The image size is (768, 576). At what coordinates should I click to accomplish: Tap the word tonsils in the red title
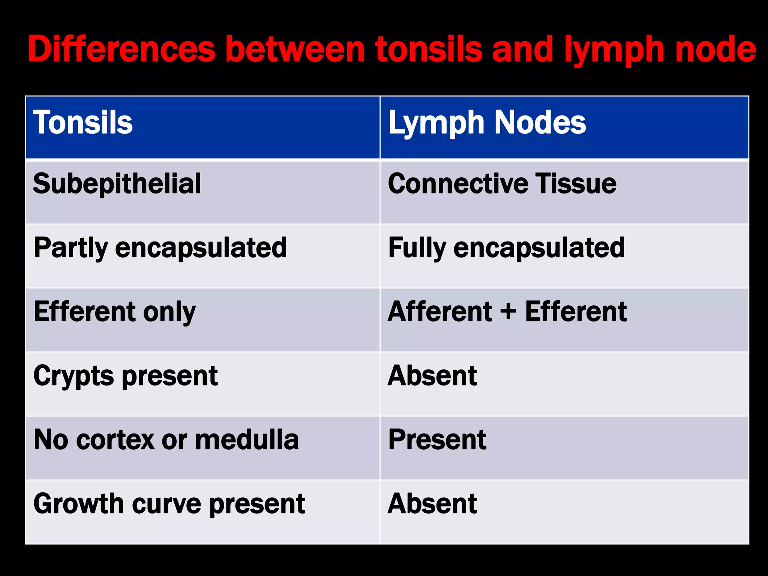(x=429, y=49)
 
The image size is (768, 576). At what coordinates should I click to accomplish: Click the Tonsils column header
(x=83, y=123)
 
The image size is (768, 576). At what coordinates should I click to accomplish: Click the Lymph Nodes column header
(x=487, y=123)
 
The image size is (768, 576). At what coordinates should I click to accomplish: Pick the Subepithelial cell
(x=117, y=184)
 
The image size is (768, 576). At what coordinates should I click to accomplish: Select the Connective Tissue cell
(x=502, y=184)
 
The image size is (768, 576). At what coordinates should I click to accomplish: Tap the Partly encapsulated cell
(x=160, y=248)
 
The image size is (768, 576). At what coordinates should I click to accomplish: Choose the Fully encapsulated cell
(x=506, y=248)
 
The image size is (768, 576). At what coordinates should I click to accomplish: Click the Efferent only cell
(x=114, y=312)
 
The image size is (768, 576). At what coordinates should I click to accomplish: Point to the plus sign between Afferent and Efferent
(x=508, y=312)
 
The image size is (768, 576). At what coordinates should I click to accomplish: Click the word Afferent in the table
(x=440, y=312)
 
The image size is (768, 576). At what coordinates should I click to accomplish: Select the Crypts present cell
(x=125, y=376)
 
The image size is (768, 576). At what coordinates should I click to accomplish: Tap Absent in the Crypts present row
(x=432, y=376)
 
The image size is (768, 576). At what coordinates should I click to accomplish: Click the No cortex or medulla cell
(x=166, y=440)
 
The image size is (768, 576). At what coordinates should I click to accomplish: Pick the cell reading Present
(x=437, y=440)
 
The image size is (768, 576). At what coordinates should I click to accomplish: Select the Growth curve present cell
(x=169, y=504)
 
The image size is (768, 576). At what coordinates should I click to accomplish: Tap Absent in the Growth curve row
(x=432, y=504)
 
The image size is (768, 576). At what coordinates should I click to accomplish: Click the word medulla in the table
(x=247, y=440)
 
